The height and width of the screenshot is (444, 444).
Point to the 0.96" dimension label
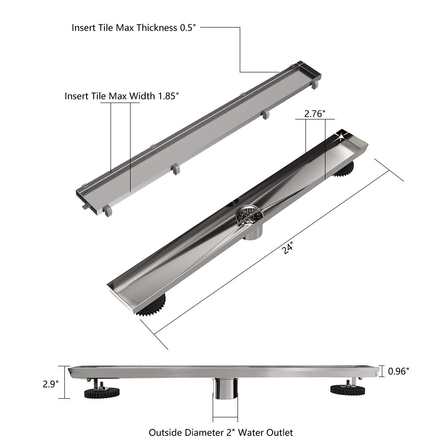click(398, 371)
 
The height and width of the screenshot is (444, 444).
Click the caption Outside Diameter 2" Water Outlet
click(221, 432)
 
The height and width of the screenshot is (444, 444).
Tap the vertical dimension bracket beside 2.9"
click(66, 382)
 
